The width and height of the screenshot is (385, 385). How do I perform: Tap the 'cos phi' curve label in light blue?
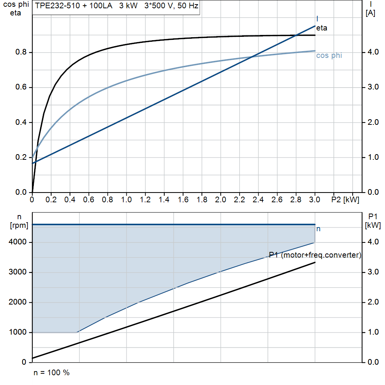[329, 56]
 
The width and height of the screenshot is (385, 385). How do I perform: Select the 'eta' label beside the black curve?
[321, 28]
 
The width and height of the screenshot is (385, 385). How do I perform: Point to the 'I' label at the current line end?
[317, 19]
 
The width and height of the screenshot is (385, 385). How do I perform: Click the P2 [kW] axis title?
[345, 200]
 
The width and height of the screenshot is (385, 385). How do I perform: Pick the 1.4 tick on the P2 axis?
[164, 200]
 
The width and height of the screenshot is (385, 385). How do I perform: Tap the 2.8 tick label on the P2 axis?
[296, 200]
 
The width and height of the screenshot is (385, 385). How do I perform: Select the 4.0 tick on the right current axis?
[372, 52]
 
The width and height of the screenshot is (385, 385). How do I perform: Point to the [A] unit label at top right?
[370, 13]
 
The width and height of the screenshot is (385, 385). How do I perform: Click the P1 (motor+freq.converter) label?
[315, 255]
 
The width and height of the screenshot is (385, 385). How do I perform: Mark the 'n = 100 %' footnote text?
[52, 373]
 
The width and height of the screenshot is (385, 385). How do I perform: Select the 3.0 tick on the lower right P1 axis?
[372, 272]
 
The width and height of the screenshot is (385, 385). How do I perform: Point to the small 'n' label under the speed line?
[318, 229]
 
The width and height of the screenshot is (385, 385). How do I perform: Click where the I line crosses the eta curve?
[297, 35]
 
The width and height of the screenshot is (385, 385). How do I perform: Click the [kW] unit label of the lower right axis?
[373, 226]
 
